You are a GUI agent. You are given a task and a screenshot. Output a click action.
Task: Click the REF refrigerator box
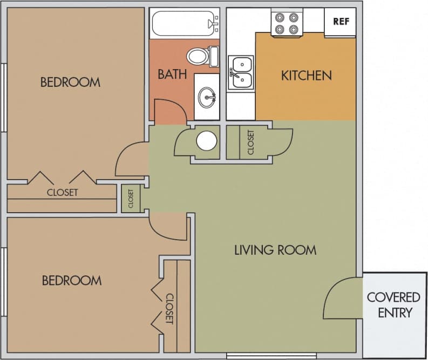tap(340, 22)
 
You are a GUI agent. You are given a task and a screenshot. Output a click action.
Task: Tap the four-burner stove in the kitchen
tap(286, 23)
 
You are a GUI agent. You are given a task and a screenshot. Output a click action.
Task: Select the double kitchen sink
tap(241, 73)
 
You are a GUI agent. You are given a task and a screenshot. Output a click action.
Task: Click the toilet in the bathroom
tap(200, 55)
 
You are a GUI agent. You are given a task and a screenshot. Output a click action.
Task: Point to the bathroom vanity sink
tap(207, 98)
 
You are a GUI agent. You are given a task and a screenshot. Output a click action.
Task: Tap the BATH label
tap(172, 74)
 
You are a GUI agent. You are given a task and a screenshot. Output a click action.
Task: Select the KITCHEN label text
tap(306, 76)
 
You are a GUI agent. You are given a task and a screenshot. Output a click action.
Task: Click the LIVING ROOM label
tap(275, 250)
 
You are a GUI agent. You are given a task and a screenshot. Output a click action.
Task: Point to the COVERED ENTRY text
tap(393, 304)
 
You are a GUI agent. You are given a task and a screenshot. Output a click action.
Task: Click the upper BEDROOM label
tap(70, 82)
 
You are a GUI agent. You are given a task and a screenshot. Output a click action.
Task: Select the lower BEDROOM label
tap(71, 281)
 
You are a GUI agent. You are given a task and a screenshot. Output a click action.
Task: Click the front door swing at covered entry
tap(340, 298)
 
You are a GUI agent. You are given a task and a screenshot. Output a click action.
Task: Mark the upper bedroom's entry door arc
tap(131, 159)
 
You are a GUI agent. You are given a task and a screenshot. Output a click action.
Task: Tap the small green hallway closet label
tap(131, 199)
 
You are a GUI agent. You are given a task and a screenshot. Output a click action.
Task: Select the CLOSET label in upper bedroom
tap(62, 192)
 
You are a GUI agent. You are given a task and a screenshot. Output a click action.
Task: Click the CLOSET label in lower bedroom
tap(169, 309)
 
